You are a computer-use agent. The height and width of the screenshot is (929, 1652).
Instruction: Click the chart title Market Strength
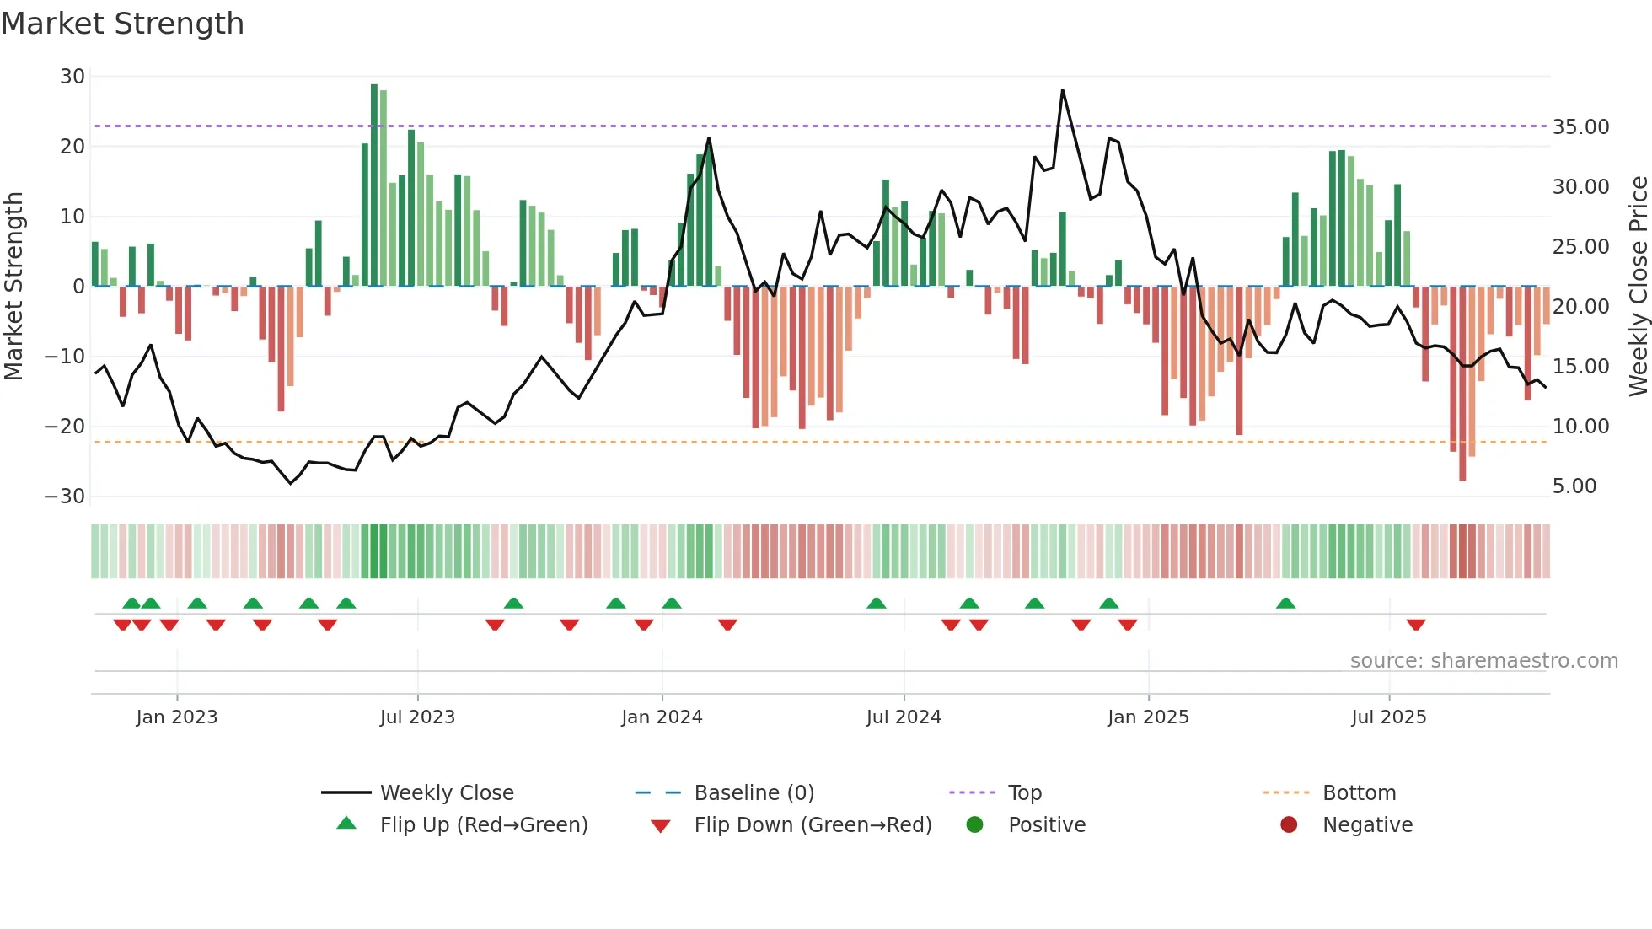pos(122,24)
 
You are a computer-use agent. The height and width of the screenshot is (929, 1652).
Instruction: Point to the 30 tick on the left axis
pos(72,77)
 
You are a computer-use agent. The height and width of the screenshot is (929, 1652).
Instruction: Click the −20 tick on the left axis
pos(65,427)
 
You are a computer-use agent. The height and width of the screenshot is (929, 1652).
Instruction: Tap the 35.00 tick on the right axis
pos(1580,127)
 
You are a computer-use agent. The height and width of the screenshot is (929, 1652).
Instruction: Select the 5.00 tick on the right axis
pos(1574,486)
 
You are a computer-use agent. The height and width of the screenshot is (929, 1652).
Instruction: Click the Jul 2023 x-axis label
pos(417,717)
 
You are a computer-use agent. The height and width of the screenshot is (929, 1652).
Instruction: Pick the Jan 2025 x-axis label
pos(1148,717)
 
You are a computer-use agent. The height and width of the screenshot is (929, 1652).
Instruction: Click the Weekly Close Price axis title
pos(1638,287)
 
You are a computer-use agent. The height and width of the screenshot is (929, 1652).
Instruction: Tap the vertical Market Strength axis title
pos(14,287)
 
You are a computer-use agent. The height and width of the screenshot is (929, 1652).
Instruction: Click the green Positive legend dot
pos(975,825)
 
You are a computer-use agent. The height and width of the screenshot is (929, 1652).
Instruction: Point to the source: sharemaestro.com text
pos(1483,661)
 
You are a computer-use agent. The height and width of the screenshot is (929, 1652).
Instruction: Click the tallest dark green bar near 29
pos(374,185)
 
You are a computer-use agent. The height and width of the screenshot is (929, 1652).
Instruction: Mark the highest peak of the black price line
pos(1062,90)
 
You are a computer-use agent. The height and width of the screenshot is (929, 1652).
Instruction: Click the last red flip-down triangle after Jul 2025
pos(1416,625)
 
